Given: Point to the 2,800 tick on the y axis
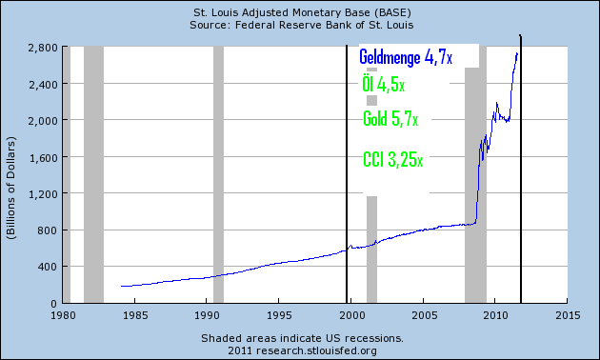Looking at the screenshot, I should [x=42, y=47].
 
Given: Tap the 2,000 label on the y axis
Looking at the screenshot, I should [x=42, y=120].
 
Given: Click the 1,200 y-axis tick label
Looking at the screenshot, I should [x=42, y=193].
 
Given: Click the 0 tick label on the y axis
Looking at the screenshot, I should [x=53, y=303].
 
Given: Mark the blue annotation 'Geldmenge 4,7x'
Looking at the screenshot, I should [x=406, y=58].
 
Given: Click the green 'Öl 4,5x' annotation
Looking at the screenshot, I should [x=384, y=86].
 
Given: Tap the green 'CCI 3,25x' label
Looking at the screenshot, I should [x=393, y=158].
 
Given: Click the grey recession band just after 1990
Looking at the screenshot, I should [x=218, y=171].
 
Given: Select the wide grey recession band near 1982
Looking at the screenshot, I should [x=93, y=171].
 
